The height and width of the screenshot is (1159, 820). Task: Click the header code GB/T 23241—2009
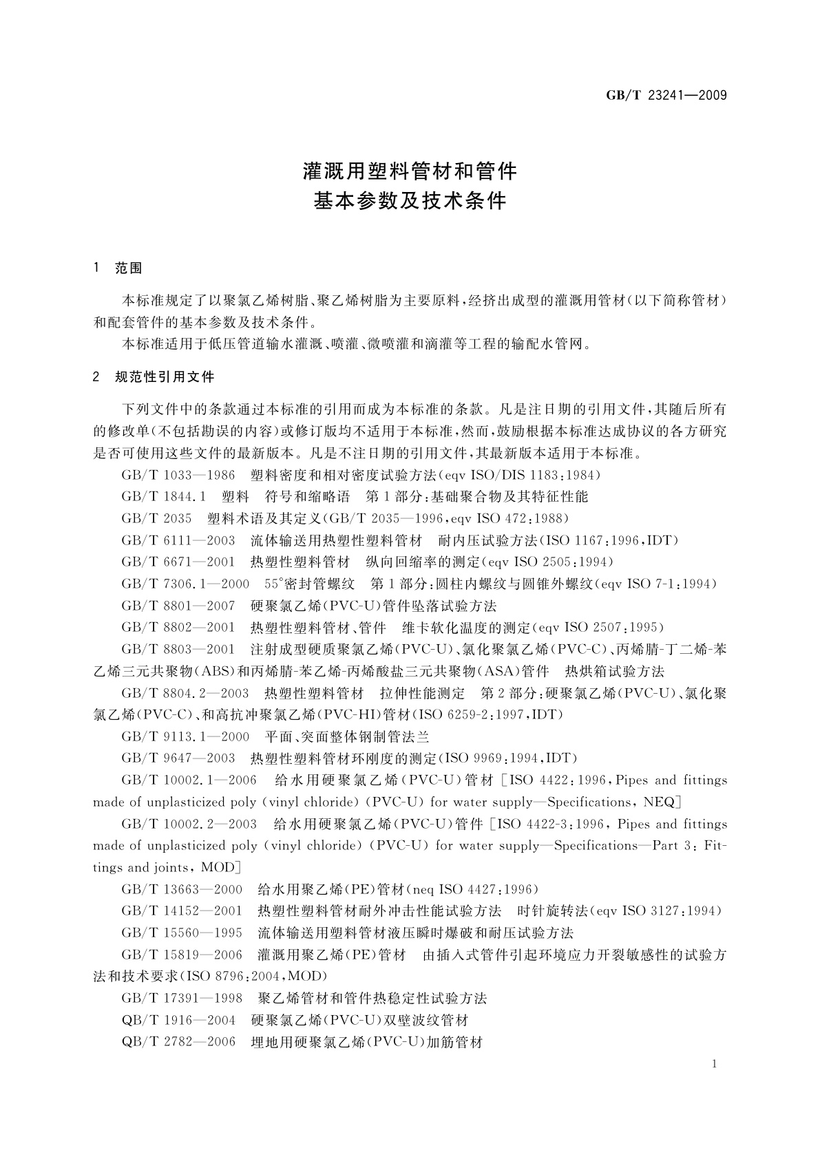tap(666, 96)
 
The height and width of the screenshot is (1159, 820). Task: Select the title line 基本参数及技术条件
tap(410, 201)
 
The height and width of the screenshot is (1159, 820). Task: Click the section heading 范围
tap(128, 268)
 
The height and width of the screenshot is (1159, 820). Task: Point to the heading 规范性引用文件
tap(165, 376)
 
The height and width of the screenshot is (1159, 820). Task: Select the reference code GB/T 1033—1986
tap(178, 475)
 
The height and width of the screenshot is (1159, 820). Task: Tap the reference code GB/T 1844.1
tap(164, 497)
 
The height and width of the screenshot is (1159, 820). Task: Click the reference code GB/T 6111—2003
tap(178, 540)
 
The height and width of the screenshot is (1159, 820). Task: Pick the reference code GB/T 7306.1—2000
tap(185, 584)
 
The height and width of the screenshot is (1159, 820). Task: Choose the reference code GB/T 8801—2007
tap(178, 606)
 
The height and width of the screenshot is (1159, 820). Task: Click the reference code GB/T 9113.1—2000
tap(185, 737)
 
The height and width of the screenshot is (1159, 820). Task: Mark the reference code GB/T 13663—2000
tap(182, 889)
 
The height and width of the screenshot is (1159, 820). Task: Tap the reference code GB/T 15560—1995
tap(182, 933)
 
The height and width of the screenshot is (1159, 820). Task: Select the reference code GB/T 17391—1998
tap(182, 998)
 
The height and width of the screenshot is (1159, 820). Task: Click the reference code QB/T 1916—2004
tap(178, 1020)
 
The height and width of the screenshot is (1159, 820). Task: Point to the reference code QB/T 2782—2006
tap(178, 1042)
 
